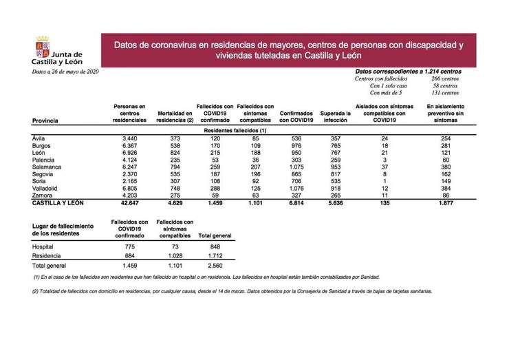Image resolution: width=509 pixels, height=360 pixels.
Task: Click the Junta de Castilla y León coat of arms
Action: (41, 49)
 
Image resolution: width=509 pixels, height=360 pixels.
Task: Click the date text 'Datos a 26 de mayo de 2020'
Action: (65, 71)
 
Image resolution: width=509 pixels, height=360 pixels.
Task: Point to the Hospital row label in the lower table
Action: (45, 246)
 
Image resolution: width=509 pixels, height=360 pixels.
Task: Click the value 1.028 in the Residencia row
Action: (175, 255)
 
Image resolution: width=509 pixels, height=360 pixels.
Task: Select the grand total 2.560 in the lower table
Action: (214, 264)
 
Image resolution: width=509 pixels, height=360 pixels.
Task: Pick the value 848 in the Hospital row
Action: (214, 246)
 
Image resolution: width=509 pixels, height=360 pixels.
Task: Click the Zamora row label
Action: (45, 196)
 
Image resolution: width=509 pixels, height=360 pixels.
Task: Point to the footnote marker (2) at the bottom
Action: (36, 291)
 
